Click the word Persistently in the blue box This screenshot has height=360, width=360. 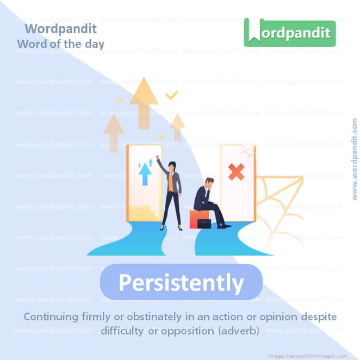[181, 283]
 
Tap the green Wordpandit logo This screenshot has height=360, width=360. [289, 33]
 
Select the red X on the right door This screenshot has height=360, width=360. [236, 172]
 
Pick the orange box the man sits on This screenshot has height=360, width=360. [196, 217]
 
